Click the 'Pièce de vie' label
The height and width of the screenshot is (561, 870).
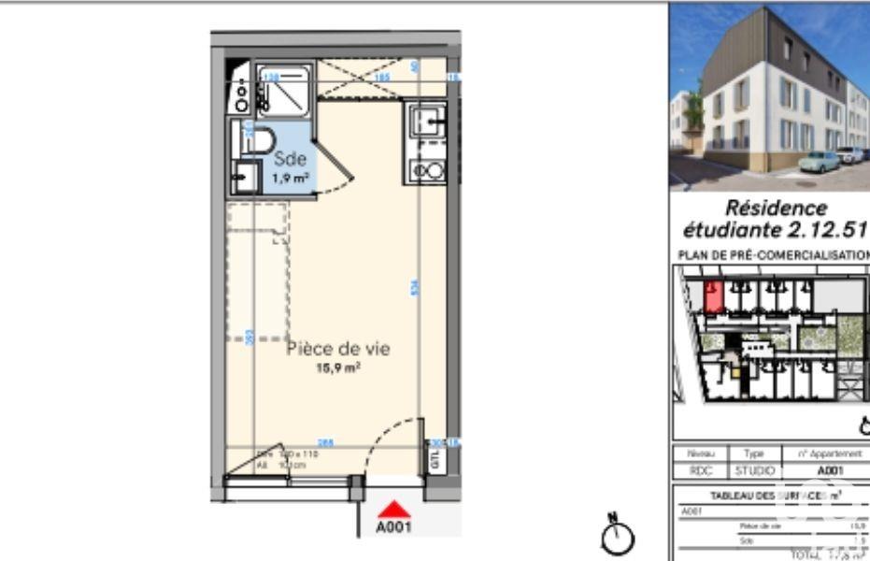pos(337,349)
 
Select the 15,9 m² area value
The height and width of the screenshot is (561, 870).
pos(337,368)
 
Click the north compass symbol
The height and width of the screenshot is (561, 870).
pos(618,536)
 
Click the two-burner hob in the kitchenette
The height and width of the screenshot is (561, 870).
pos(428,171)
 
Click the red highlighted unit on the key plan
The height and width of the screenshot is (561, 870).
pos(713,296)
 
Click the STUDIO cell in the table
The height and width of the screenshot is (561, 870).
pos(755,472)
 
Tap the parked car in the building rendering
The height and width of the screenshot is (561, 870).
pos(818,162)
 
